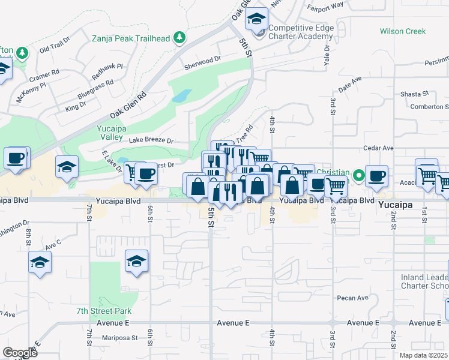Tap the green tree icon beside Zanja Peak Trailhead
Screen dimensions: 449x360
click(x=179, y=38)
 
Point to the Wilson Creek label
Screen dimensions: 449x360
click(x=402, y=31)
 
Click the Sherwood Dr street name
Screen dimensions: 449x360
click(x=203, y=61)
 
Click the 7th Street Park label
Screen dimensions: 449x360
click(x=104, y=311)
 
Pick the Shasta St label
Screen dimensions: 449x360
click(x=414, y=94)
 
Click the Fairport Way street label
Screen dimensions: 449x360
click(x=325, y=5)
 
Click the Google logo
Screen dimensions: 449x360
click(x=20, y=352)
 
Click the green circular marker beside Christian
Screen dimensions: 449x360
click(x=359, y=175)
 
